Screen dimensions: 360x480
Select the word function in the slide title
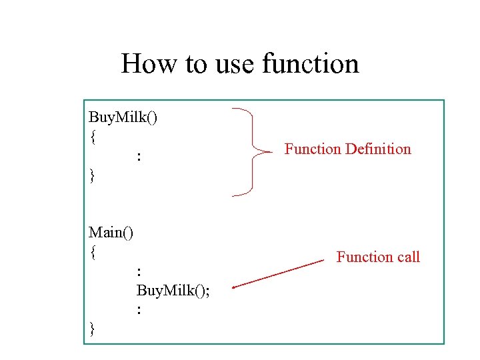[x=311, y=64]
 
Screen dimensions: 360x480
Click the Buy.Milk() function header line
[x=123, y=117]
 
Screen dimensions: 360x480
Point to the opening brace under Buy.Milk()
[x=93, y=137]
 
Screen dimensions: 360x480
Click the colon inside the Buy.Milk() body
[x=139, y=157]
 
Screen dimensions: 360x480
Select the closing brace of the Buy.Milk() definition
[x=93, y=176]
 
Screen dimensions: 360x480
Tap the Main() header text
[x=111, y=233]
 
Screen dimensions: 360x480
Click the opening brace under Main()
[x=93, y=253]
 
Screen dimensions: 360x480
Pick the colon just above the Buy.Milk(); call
[x=139, y=271]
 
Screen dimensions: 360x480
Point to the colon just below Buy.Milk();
[x=139, y=309]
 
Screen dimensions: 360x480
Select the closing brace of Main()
[x=93, y=329]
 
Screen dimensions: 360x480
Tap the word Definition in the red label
[x=378, y=149]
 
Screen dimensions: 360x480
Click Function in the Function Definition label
[x=313, y=149]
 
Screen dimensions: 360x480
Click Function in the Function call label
[x=365, y=257]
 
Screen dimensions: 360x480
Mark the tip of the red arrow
[x=233, y=287]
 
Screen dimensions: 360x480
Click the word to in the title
[x=196, y=64]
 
